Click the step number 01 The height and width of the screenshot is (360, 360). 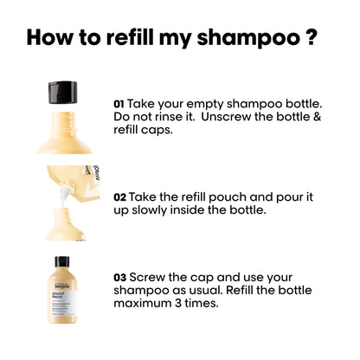click(119, 103)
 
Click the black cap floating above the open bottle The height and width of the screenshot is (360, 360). click(62, 89)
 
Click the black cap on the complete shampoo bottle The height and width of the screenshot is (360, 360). click(62, 262)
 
